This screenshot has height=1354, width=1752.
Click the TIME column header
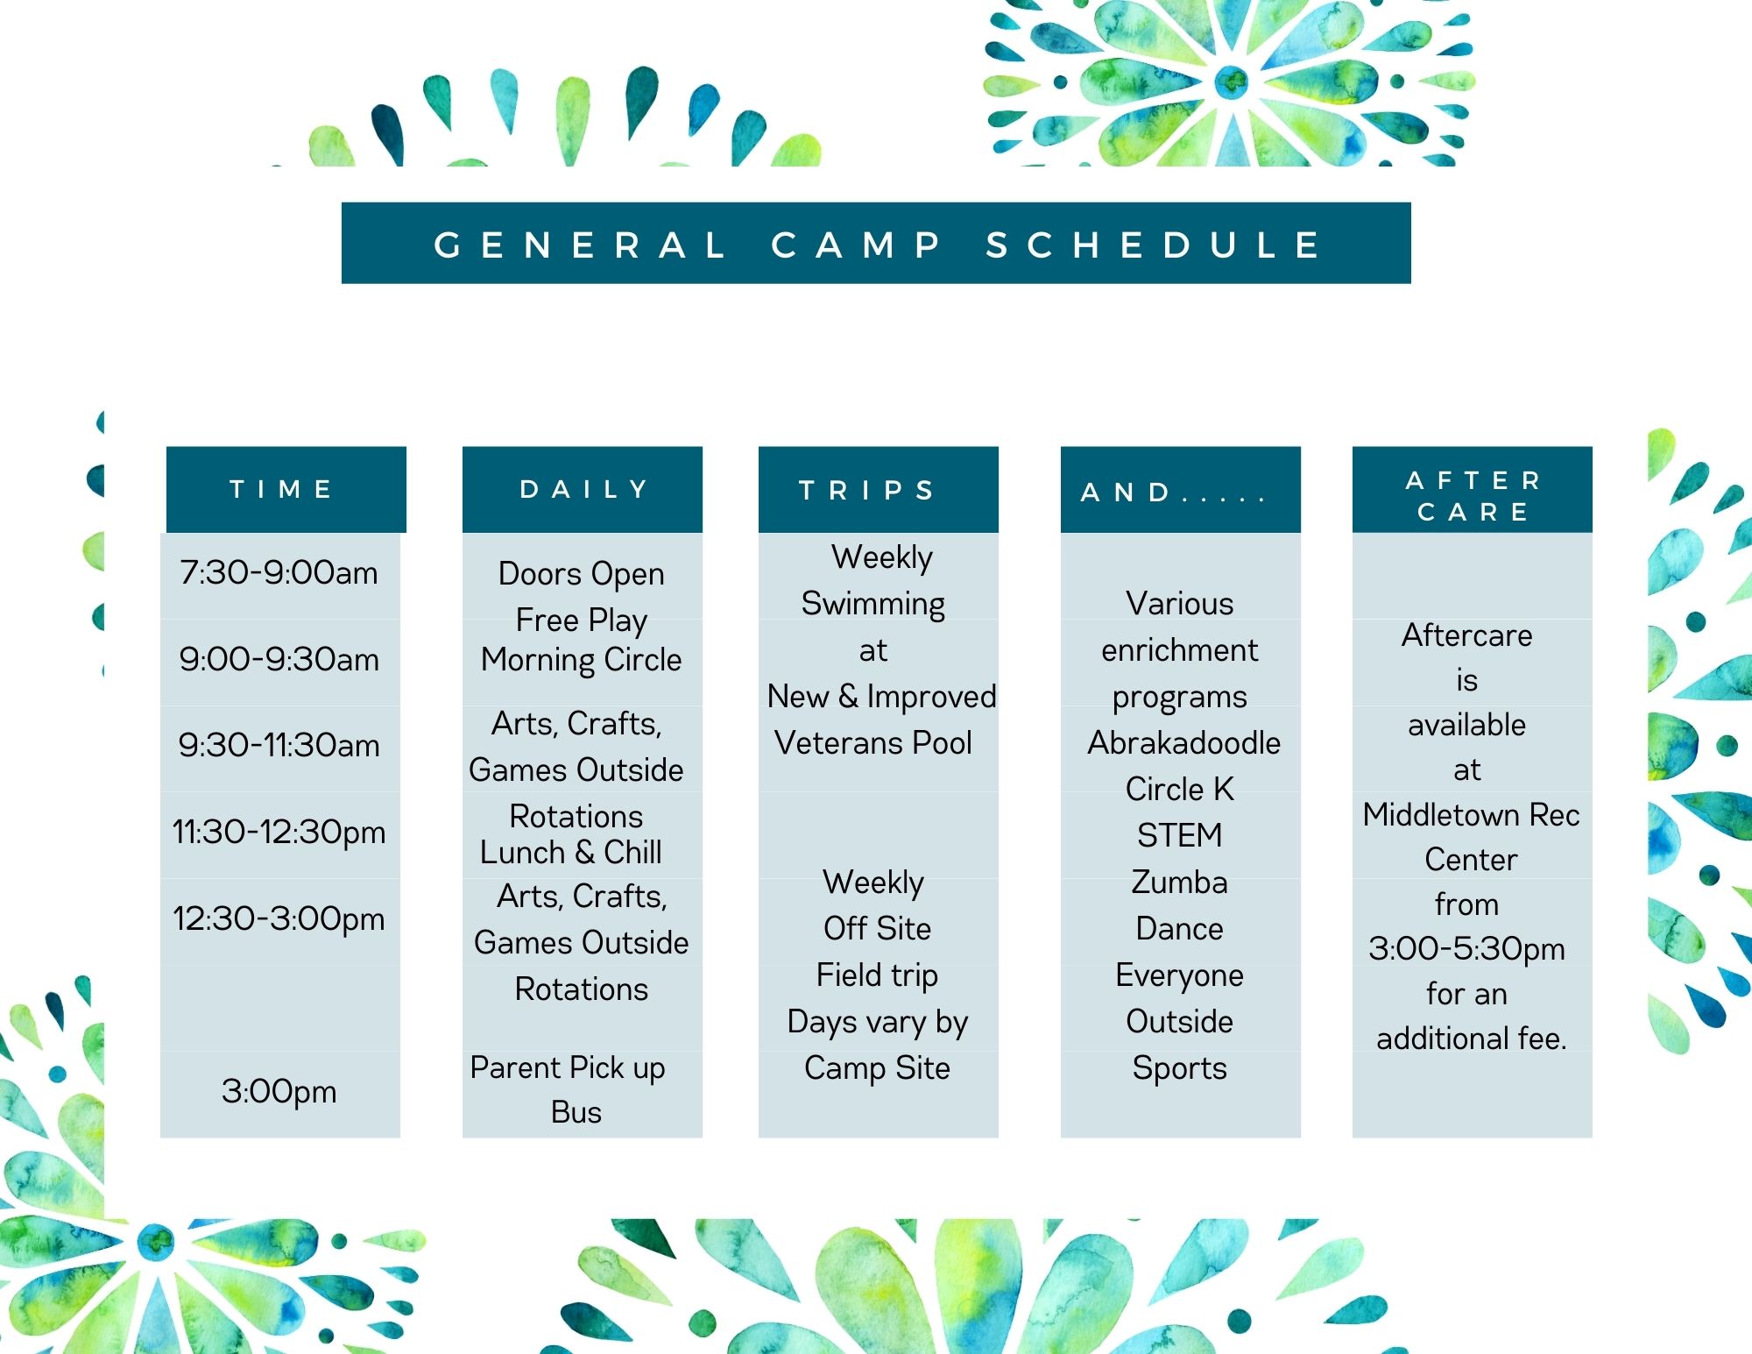pos(281,489)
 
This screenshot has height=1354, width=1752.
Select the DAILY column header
pos(584,489)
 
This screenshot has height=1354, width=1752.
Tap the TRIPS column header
pos(867,490)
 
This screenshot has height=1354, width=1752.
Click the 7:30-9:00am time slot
pos(279,572)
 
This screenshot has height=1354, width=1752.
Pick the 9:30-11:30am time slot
pos(279,745)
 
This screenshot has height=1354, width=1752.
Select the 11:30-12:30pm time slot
pos(279,832)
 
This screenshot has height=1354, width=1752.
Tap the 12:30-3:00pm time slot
pos(279,918)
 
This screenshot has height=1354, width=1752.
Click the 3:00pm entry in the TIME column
pos(279,1091)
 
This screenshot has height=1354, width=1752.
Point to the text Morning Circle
pos(582,660)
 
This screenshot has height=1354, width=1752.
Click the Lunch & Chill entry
pos(571,852)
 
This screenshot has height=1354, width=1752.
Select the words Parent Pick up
pos(568,1067)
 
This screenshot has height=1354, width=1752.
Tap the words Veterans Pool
pos(873,742)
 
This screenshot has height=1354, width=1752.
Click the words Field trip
pos(877,975)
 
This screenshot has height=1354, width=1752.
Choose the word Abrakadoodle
pos(1183,742)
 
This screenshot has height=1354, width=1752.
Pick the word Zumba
pos(1179,882)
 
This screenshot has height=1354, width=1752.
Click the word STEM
pos(1179,835)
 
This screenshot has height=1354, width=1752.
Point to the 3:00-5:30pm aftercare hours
pos(1466,949)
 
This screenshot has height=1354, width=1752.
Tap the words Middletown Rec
pos(1472,814)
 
